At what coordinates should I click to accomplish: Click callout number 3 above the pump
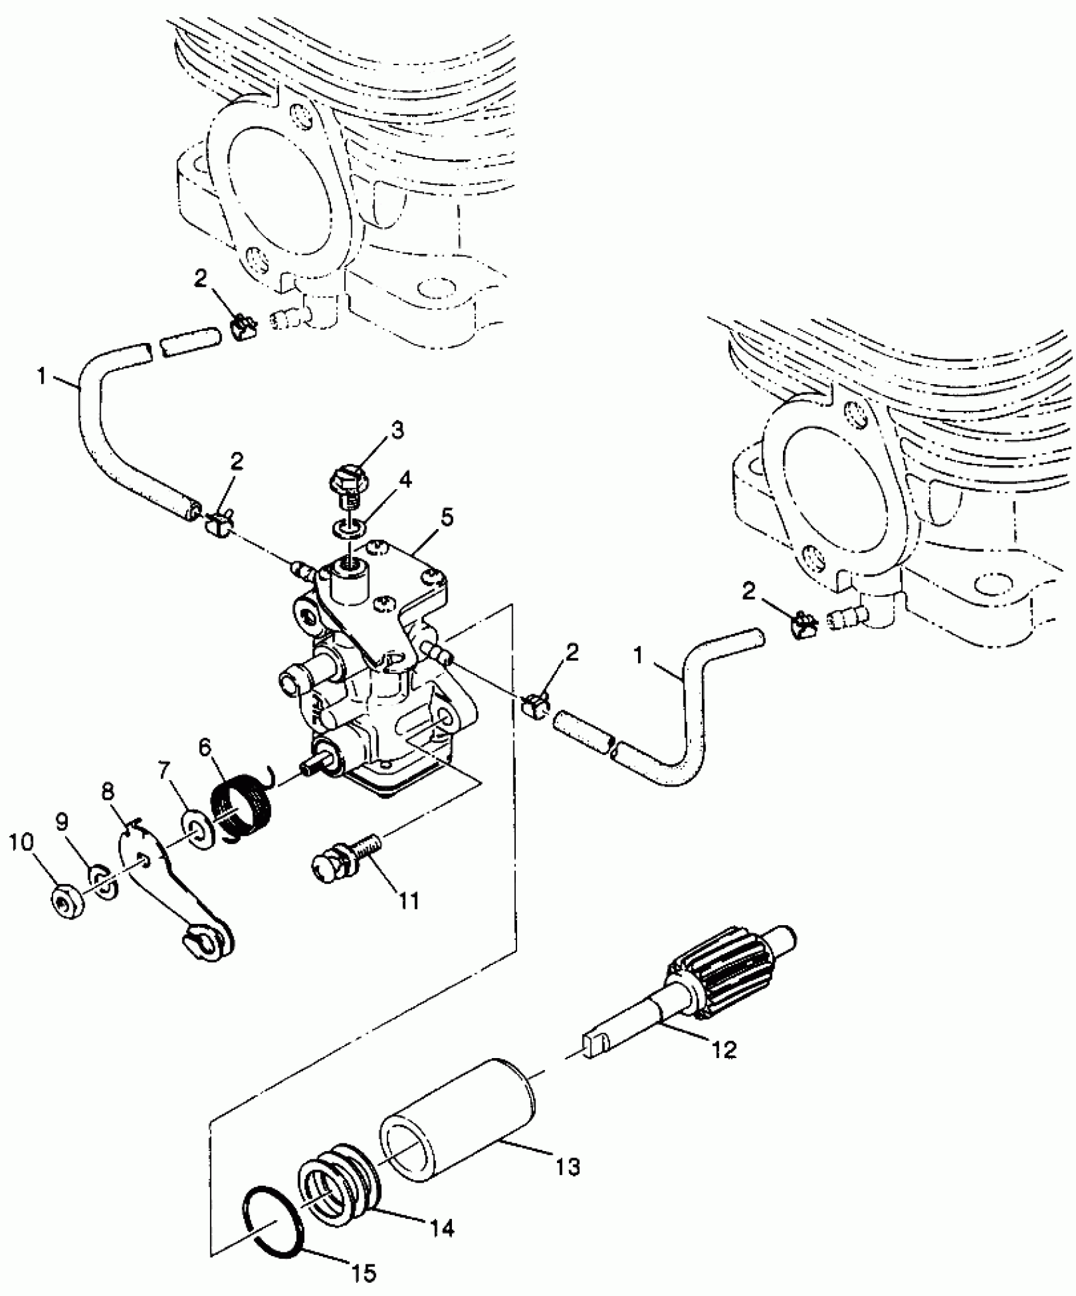click(x=396, y=431)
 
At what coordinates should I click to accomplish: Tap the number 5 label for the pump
click(x=447, y=518)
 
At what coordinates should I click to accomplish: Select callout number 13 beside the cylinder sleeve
click(x=568, y=1166)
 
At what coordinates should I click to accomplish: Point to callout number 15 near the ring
click(x=366, y=1272)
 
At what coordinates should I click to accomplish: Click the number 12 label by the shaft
click(x=724, y=1049)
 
